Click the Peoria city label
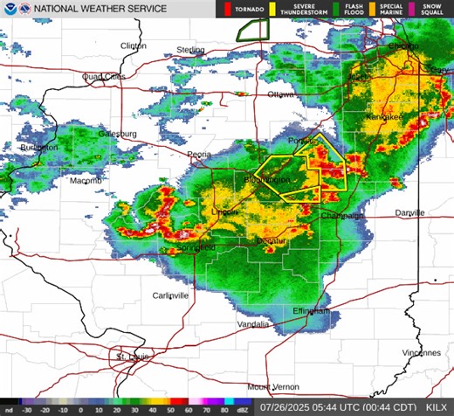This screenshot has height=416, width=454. [200, 154]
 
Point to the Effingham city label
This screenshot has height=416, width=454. [313, 311]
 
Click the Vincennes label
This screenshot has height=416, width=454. [422, 353]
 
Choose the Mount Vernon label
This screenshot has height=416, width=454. [272, 386]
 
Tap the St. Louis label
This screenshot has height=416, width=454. [133, 357]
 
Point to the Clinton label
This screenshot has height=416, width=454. [133, 45]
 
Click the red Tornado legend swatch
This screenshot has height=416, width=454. [229, 9]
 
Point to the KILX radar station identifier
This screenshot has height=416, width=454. [436, 407]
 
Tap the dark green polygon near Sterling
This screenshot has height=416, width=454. [251, 29]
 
